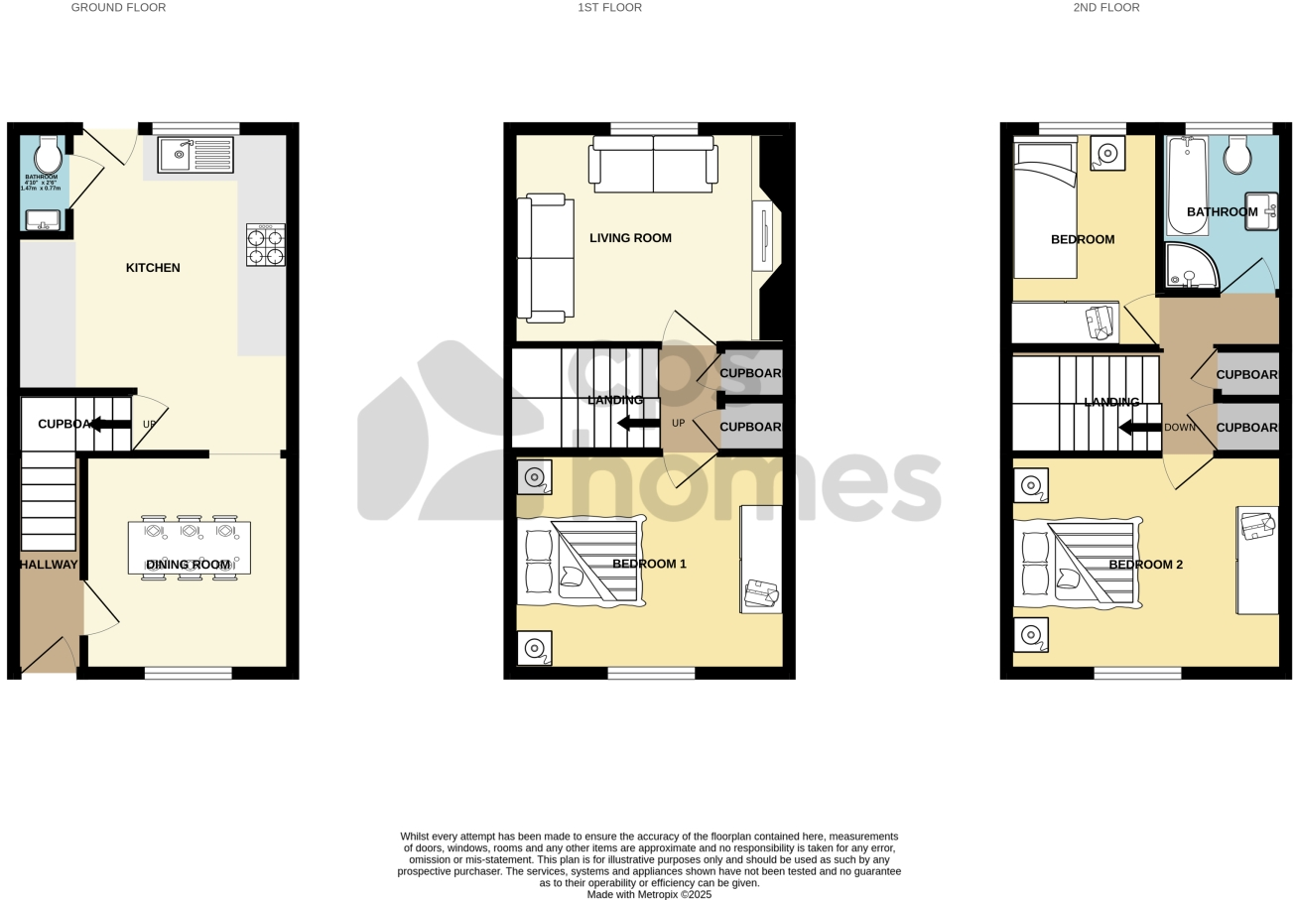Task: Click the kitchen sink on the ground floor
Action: (195, 154)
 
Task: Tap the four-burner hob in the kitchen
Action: (265, 245)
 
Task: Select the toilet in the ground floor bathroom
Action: (48, 156)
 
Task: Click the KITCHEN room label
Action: (153, 268)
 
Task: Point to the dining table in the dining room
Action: (189, 547)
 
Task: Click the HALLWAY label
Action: (48, 565)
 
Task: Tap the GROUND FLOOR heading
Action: (118, 8)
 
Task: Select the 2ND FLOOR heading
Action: (1105, 8)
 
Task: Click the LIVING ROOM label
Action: (630, 238)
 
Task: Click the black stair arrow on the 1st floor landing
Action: (638, 424)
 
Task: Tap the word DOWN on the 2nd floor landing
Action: (1180, 428)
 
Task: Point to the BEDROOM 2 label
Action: (1145, 565)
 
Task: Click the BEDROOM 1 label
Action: (649, 564)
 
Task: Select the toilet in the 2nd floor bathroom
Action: (1236, 156)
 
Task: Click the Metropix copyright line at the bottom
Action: (649, 894)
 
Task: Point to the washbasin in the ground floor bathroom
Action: (43, 220)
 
